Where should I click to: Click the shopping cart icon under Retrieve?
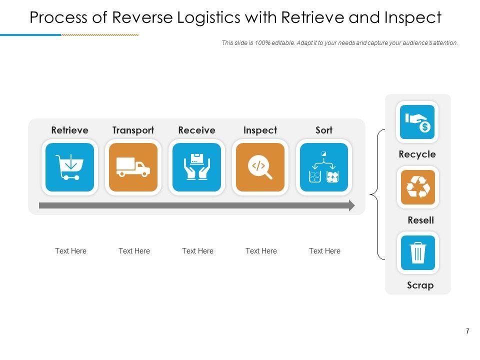(69, 167)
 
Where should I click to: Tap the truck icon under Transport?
(133, 167)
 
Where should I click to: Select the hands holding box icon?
(196, 167)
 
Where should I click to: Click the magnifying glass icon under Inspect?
(260, 167)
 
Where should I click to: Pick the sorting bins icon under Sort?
(323, 167)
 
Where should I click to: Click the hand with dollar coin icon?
(417, 122)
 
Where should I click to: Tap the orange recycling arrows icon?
(417, 187)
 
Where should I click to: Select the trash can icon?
(417, 252)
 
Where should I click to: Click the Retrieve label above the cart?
(69, 130)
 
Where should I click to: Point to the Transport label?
(133, 130)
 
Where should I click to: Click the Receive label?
(196, 130)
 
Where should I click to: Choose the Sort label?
(323, 130)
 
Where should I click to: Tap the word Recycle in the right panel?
(417, 154)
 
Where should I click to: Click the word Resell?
(420, 220)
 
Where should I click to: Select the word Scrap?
(420, 285)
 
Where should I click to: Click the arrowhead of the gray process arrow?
(351, 205)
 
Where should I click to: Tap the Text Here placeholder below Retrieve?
(70, 251)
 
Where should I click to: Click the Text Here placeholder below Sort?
(324, 251)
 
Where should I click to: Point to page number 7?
(467, 331)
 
